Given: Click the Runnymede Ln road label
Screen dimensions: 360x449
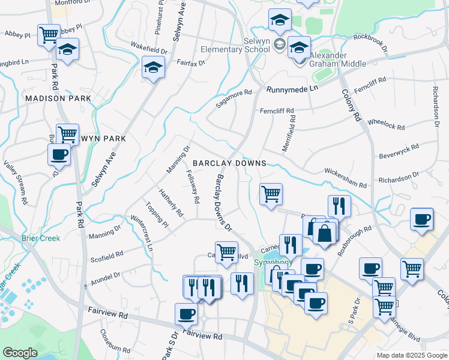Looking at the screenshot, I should (x=292, y=88).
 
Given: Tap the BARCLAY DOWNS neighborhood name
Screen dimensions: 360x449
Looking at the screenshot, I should (x=229, y=163).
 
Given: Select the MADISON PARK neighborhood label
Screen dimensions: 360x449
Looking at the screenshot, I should (x=58, y=98).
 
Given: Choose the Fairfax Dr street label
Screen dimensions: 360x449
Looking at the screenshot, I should (x=191, y=62).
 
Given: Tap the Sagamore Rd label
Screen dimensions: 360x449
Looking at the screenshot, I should (x=233, y=99).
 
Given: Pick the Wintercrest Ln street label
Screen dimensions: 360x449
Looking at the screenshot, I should (x=142, y=233).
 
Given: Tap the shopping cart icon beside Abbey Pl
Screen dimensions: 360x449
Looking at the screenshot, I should (x=49, y=35).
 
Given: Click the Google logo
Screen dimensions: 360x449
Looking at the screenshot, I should (x=20, y=353).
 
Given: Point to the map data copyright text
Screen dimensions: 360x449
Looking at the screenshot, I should (x=411, y=355).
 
